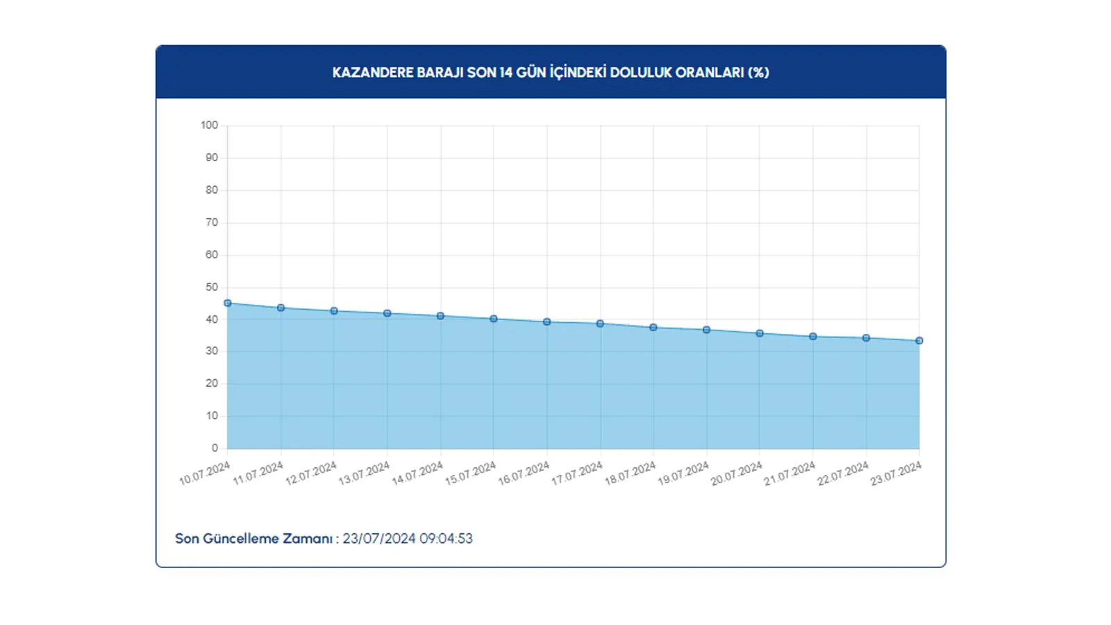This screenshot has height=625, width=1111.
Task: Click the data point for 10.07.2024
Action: [x=228, y=303]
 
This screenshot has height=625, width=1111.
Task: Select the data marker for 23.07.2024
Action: [x=919, y=341]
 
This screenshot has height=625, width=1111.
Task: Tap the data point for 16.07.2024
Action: [x=547, y=322]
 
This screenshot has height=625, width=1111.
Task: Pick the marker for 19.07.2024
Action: [x=707, y=330]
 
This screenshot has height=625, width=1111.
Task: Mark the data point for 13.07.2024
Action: [x=387, y=314]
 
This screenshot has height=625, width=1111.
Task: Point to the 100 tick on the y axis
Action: [x=209, y=126]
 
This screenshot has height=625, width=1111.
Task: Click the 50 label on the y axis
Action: [x=212, y=287]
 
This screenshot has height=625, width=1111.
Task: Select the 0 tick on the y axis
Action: [x=215, y=449]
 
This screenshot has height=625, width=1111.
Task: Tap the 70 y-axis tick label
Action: [x=212, y=223]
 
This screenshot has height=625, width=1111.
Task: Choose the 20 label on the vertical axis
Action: [x=212, y=383]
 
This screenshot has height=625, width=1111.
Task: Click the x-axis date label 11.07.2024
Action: [x=258, y=474]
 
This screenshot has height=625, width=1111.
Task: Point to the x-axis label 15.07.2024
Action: [x=470, y=474]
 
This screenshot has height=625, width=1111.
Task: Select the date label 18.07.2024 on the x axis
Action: [x=630, y=474]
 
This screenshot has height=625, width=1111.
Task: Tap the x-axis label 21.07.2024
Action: [x=790, y=474]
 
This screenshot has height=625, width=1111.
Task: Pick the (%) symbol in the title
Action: [x=758, y=73]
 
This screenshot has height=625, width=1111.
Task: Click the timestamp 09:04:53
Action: [x=446, y=539]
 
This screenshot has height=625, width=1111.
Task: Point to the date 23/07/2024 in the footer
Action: [x=379, y=539]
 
